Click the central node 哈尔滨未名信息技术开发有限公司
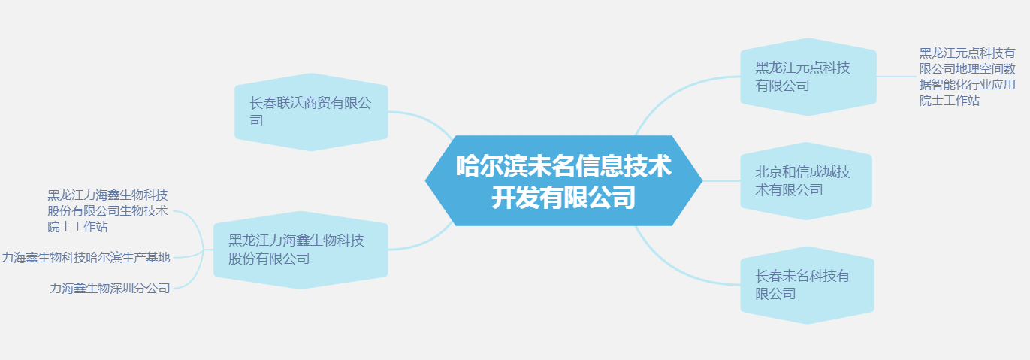[x=563, y=180]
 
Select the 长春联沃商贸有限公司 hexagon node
[x=311, y=112]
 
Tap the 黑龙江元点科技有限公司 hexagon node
[x=808, y=77]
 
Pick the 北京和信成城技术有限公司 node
[x=806, y=180]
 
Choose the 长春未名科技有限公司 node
[x=807, y=285]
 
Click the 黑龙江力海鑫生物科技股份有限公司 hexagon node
[x=301, y=250]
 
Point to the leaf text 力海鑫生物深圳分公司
[x=110, y=289]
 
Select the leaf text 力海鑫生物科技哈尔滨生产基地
[x=86, y=258]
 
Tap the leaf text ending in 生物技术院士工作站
[x=107, y=211]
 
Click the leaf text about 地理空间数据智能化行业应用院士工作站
[x=968, y=77]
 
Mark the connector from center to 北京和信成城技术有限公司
[x=721, y=180]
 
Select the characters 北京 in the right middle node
[x=769, y=172]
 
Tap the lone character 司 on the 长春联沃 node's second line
[x=257, y=120]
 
